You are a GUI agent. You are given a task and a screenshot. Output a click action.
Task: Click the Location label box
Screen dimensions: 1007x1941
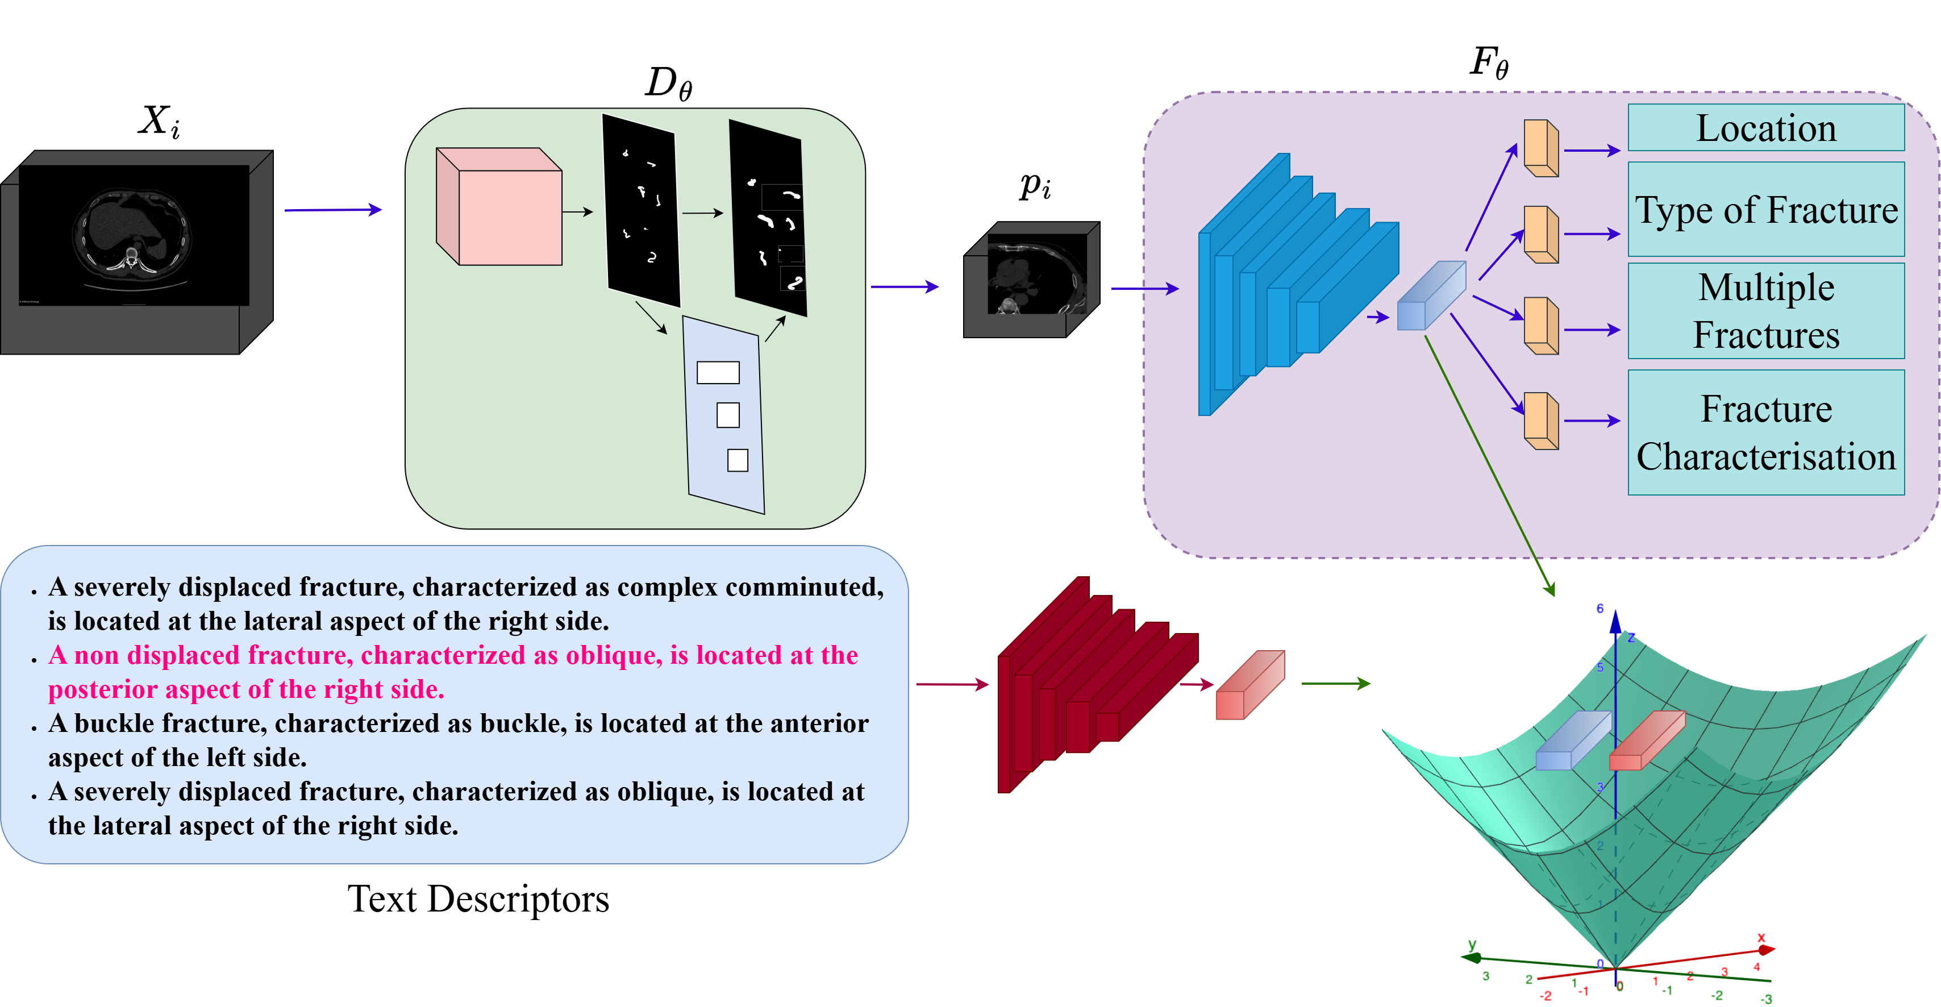(1765, 128)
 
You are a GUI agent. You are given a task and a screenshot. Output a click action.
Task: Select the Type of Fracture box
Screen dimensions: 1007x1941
(1765, 210)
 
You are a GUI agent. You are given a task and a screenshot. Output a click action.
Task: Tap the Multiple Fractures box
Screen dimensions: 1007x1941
(1765, 310)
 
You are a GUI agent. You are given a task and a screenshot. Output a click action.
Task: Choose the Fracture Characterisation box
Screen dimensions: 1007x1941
(1765, 432)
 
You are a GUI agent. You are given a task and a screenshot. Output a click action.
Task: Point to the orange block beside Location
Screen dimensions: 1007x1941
(1541, 148)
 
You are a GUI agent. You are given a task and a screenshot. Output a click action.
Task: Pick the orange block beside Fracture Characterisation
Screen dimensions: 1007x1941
(1541, 421)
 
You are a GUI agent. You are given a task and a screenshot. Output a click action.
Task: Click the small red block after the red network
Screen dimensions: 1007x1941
(1250, 685)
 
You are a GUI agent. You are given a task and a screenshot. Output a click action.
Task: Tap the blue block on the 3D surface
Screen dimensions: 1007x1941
(1573, 741)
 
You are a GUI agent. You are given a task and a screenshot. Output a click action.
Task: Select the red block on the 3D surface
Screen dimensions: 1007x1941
(1647, 741)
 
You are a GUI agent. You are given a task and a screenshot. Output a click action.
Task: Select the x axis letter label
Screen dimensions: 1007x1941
(1761, 938)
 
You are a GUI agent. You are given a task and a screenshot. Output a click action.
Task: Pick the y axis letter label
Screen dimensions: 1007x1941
(1472, 944)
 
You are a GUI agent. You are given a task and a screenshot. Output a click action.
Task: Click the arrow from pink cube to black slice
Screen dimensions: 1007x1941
(578, 213)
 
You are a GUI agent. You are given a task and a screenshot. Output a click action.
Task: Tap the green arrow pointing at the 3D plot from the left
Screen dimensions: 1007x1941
(1336, 684)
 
